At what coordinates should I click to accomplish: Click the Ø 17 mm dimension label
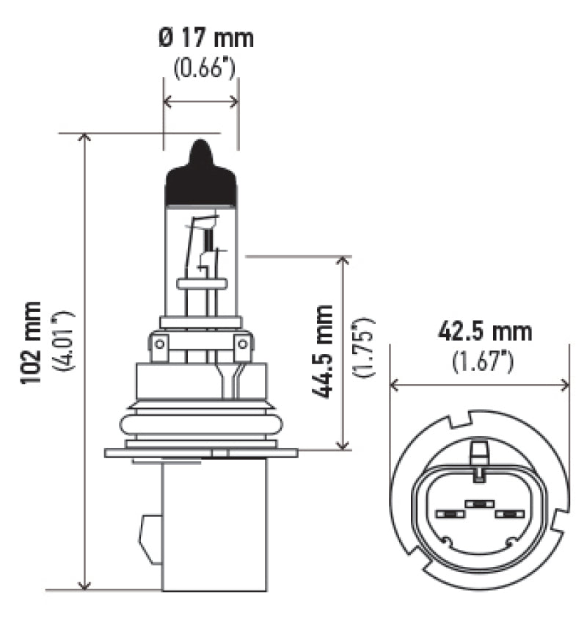click(x=206, y=37)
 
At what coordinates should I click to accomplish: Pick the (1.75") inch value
click(x=365, y=348)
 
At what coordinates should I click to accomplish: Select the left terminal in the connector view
click(x=446, y=513)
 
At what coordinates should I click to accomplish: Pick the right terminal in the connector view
click(x=507, y=513)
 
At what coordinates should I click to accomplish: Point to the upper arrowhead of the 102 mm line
click(x=86, y=140)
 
